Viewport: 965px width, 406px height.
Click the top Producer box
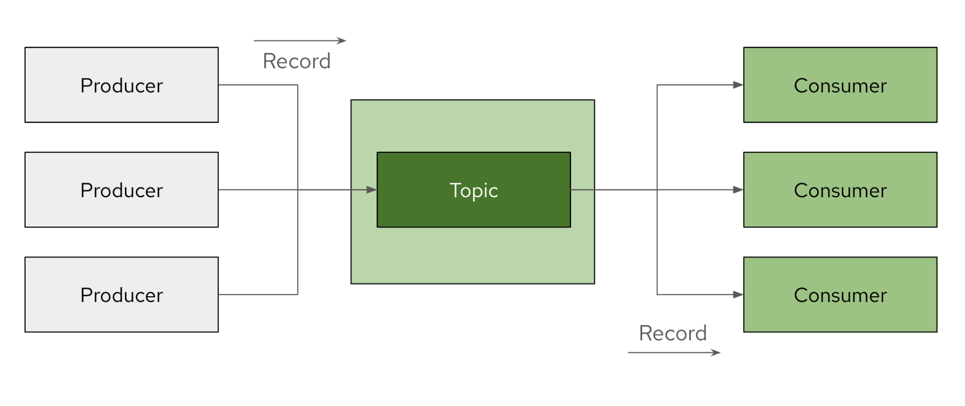click(122, 85)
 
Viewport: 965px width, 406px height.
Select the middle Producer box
click(122, 189)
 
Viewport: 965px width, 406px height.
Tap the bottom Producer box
click(122, 294)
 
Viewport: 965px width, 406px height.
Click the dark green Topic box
click(474, 189)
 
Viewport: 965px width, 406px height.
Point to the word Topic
click(474, 191)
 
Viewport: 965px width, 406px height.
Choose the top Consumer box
click(840, 85)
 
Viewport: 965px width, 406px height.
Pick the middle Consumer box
click(840, 189)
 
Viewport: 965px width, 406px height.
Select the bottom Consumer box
click(840, 294)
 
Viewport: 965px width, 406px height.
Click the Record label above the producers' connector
click(296, 61)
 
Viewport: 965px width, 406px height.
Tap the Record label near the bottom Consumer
click(673, 333)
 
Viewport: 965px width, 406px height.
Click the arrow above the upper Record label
click(300, 41)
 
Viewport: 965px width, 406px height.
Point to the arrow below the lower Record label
click(674, 353)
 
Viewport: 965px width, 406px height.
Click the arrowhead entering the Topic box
click(371, 190)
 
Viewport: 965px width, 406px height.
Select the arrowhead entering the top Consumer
click(738, 85)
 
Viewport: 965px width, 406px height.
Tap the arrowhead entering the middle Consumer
click(738, 190)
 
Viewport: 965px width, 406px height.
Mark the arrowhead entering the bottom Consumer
click(738, 294)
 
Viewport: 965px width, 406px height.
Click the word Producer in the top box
click(122, 86)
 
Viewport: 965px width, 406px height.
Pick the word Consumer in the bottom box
click(840, 295)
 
